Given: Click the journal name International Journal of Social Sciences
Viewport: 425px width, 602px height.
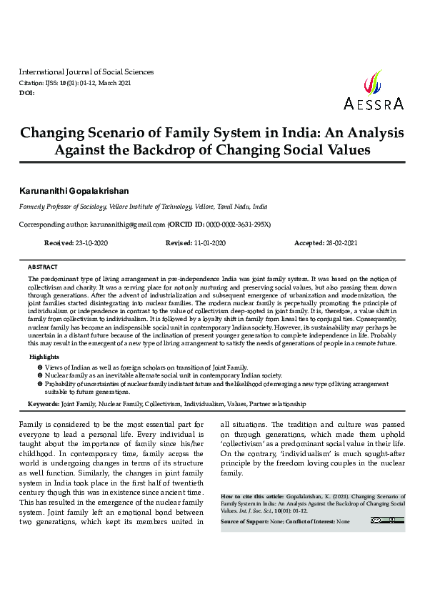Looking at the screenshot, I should [86, 72].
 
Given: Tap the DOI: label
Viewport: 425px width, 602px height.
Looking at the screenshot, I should [26, 93].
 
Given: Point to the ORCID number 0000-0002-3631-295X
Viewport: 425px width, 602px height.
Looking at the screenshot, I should [234, 224].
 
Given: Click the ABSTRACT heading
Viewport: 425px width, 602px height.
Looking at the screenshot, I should [42, 266].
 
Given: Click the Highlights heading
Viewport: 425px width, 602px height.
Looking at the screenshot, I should [44, 356].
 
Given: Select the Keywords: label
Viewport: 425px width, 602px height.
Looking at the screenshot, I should [43, 404].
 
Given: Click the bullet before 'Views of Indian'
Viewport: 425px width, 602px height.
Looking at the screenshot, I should [40, 366].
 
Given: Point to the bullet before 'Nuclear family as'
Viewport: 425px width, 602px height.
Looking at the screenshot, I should [40, 375].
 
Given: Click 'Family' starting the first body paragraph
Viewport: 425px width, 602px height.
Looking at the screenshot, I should [31, 425].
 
